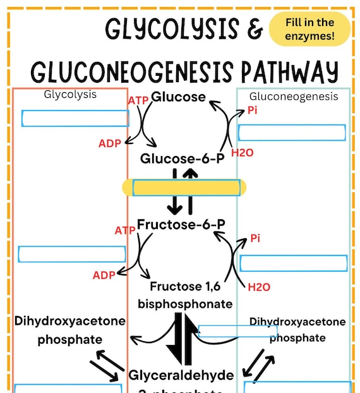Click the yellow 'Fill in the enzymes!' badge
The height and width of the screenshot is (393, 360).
click(x=309, y=30)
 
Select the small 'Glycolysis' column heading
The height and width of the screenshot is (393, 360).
click(x=70, y=94)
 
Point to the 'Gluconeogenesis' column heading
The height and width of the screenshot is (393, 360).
click(x=294, y=97)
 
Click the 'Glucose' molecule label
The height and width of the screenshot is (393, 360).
click(x=179, y=97)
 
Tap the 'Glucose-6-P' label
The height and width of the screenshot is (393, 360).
click(x=183, y=158)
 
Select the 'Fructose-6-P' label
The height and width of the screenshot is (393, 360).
click(x=182, y=224)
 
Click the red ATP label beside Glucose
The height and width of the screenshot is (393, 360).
click(x=138, y=100)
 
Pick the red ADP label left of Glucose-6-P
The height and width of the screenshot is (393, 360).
click(x=109, y=143)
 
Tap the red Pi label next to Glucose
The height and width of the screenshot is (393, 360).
click(x=253, y=110)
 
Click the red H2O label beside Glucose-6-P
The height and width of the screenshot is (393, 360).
click(x=242, y=152)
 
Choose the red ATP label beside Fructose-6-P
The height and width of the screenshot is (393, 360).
click(x=125, y=231)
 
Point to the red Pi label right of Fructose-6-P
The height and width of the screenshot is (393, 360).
click(x=255, y=238)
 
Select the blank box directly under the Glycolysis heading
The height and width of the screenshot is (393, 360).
click(x=75, y=118)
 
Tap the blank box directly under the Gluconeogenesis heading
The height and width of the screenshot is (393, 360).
click(x=292, y=133)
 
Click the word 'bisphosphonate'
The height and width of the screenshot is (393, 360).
click(x=185, y=304)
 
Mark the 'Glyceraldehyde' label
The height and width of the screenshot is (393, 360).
click(x=181, y=375)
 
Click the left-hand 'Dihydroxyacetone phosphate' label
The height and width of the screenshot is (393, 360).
click(x=70, y=330)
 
